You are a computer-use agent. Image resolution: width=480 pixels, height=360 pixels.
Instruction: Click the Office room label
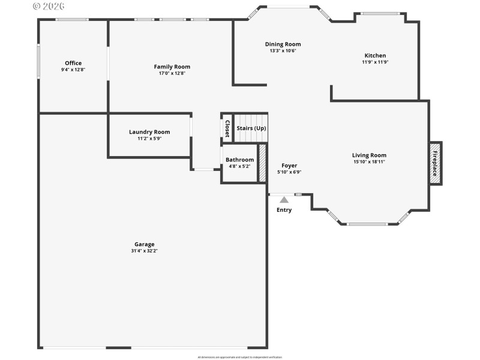pos(73,63)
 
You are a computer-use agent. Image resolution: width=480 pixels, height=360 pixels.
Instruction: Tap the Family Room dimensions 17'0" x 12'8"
pos(172,73)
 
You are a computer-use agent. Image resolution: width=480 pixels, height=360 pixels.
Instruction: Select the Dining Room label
pos(283,44)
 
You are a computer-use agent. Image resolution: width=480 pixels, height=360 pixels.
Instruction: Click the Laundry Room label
pos(149,132)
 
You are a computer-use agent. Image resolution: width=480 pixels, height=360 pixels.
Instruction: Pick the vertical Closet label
pos(227,128)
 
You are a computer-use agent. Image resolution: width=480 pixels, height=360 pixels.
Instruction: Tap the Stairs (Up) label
pos(251,128)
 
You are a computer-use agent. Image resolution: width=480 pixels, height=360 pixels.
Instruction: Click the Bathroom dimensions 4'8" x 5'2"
pos(239,166)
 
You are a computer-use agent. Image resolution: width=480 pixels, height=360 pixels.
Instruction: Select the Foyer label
pos(289,166)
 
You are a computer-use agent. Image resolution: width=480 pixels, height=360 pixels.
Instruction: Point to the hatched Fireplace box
pos(435,163)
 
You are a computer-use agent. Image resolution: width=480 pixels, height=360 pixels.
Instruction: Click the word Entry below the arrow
pos(284,210)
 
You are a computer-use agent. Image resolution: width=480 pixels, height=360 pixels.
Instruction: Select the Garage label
pos(144,244)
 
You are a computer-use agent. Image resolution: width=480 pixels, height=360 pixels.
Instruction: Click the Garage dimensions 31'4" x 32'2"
pos(144,251)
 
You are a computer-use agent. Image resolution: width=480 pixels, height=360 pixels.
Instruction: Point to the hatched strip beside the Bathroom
pos(262,163)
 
